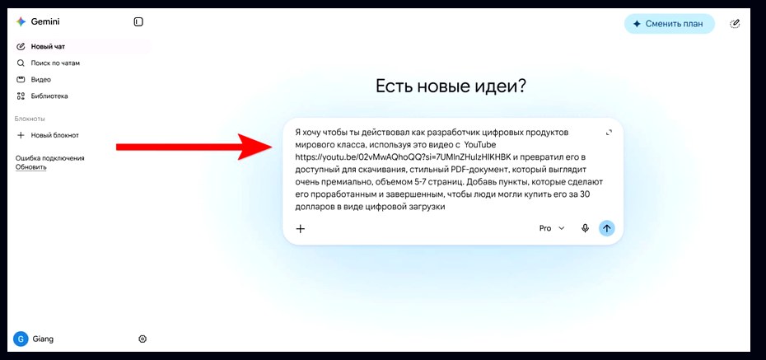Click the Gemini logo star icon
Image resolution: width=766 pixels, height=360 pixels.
(21, 21)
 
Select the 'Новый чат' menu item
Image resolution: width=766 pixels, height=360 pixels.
(48, 47)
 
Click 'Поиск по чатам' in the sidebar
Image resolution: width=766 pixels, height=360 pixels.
(55, 63)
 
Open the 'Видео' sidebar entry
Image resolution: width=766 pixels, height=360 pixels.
(40, 80)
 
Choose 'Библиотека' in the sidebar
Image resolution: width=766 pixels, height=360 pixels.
(49, 96)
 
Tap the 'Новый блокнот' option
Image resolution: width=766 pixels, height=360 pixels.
(54, 135)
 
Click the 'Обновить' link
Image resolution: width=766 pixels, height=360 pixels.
(30, 167)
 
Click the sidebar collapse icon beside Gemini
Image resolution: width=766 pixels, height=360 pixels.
(138, 21)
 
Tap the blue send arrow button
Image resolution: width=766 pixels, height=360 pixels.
(607, 228)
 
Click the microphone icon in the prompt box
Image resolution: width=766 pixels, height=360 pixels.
(585, 228)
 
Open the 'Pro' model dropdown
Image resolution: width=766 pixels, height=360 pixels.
(552, 228)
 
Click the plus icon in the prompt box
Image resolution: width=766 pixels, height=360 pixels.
(301, 228)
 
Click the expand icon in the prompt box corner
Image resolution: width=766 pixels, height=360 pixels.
(609, 133)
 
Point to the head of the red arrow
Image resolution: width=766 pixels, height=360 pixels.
(272, 147)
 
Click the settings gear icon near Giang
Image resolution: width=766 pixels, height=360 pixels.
(142, 339)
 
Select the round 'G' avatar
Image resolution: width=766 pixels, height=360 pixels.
(21, 339)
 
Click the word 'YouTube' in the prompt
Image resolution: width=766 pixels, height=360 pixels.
(479, 145)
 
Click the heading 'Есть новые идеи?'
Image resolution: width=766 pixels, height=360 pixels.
(451, 86)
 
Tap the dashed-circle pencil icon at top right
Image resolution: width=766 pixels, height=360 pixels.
(735, 23)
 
